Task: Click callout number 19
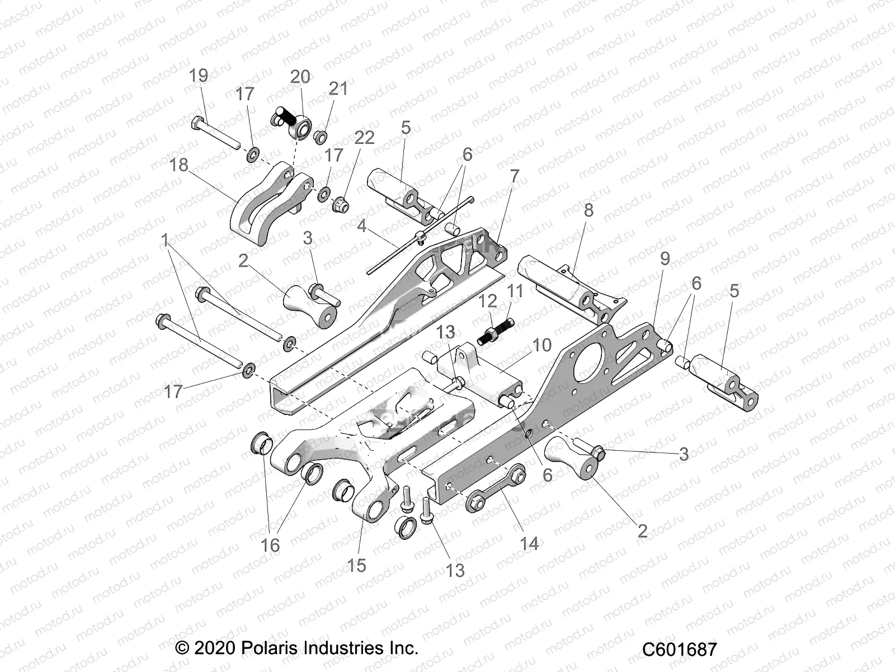[199, 75]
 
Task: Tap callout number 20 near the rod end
[300, 77]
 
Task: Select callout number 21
[338, 88]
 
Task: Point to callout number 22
[364, 138]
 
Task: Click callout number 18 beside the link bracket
[179, 165]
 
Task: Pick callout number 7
[514, 176]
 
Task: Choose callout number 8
[588, 211]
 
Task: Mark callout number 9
[665, 259]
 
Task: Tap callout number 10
[542, 345]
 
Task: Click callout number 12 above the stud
[488, 301]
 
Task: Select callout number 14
[529, 543]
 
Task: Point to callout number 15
[356, 565]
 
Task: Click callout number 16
[270, 545]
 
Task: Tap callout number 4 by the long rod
[362, 227]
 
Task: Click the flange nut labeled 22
[341, 206]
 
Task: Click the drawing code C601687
[679, 649]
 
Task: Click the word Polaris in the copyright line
[269, 648]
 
